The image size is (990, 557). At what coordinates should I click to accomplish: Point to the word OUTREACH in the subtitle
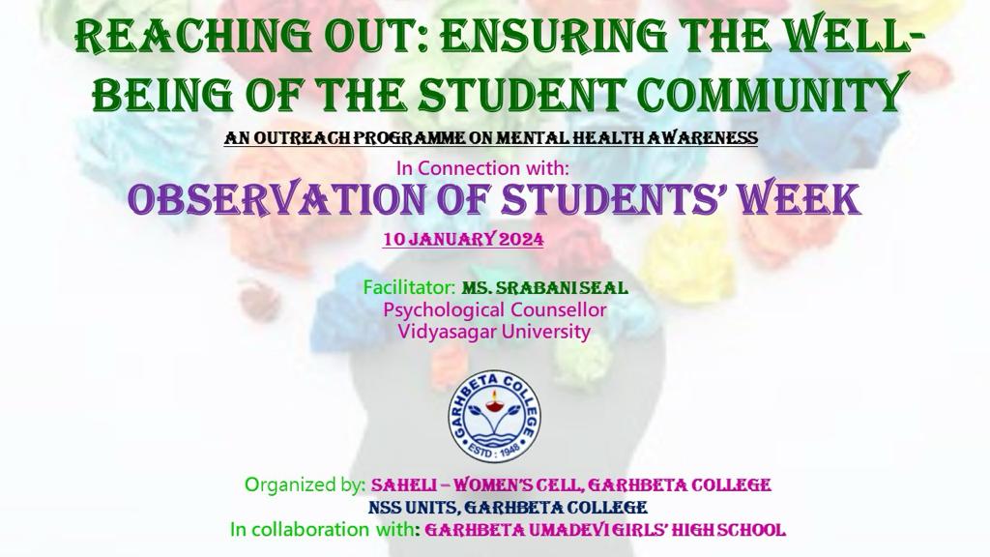[x=300, y=137]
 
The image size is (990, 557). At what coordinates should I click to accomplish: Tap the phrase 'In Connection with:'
[x=483, y=168]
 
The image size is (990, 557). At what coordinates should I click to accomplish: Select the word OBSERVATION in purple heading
[x=277, y=199]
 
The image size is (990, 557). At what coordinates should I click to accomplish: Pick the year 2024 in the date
[x=521, y=240]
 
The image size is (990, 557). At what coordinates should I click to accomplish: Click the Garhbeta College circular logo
[x=495, y=416]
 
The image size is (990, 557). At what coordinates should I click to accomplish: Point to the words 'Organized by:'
[x=305, y=485]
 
